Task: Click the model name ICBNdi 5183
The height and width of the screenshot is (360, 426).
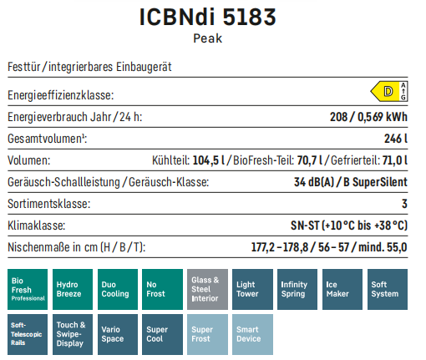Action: [207, 17]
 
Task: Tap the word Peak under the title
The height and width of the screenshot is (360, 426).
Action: [208, 38]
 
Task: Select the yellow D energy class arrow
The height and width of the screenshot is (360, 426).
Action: [386, 91]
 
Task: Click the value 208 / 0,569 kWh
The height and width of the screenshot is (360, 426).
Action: [368, 117]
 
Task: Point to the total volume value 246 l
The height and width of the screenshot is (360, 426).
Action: [396, 139]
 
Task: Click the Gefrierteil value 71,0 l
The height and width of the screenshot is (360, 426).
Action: [395, 160]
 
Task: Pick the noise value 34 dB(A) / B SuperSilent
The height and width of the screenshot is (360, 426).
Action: [351, 182]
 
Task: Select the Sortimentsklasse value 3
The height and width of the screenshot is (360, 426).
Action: [404, 204]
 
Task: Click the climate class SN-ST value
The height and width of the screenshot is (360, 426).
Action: [349, 226]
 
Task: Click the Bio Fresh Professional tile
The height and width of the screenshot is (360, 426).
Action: [28, 289]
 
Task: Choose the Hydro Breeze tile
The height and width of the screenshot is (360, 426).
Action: [73, 289]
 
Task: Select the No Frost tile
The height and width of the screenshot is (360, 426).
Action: [162, 289]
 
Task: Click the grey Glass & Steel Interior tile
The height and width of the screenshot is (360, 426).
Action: [207, 289]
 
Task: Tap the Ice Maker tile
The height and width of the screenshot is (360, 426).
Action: [342, 289]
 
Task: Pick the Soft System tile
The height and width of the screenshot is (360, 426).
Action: [388, 289]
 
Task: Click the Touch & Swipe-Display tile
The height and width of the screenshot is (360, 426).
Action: [73, 334]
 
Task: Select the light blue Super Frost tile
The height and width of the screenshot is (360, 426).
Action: [207, 334]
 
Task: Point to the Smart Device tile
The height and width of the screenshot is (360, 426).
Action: [252, 334]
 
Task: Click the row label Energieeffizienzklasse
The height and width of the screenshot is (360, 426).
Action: [61, 95]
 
